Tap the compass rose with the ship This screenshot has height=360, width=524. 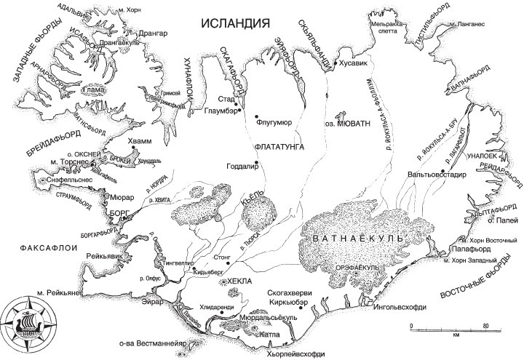(25, 319)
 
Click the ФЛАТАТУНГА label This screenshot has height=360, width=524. (279, 146)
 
